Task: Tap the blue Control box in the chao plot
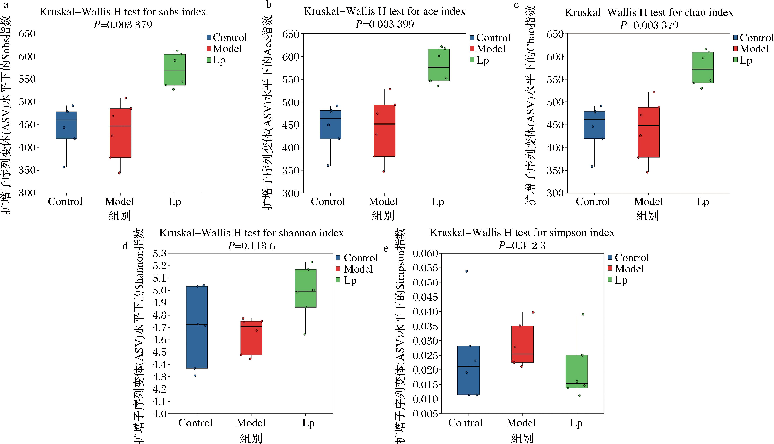[594, 125]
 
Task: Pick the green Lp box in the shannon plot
[305, 288]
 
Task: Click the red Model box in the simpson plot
[522, 344]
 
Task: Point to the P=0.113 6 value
[251, 246]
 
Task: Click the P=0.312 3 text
[522, 246]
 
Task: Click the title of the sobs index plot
[123, 12]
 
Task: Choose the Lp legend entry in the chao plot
[746, 60]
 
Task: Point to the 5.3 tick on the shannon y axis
[160, 253]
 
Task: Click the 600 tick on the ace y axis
[290, 57]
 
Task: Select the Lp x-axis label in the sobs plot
[175, 202]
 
